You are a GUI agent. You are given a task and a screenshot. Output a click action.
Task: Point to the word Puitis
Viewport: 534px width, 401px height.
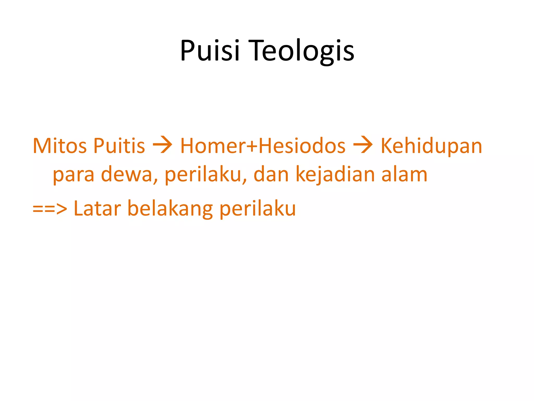point(119,146)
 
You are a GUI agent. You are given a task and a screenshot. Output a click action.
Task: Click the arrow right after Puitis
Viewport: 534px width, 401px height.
point(162,145)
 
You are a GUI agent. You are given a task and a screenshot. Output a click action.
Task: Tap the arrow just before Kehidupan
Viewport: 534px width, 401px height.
point(363,145)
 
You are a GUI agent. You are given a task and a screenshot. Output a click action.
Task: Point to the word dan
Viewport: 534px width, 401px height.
point(271,174)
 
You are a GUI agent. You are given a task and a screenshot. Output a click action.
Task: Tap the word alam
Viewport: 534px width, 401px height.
point(404,174)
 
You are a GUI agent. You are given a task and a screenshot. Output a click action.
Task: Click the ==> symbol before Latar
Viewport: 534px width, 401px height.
point(50,209)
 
